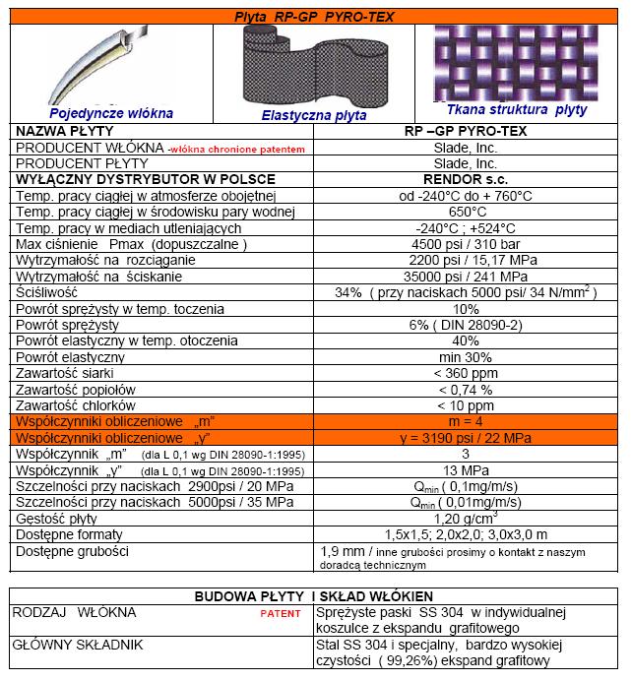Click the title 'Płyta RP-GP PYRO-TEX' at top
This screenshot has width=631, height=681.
(x=314, y=13)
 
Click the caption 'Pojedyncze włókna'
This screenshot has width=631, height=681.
(x=97, y=112)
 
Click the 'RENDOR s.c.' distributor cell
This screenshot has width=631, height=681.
(x=467, y=179)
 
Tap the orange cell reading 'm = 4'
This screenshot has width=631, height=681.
(x=467, y=420)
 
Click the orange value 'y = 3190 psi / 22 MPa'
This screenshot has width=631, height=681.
(x=467, y=437)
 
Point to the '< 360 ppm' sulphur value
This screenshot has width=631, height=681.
(x=467, y=372)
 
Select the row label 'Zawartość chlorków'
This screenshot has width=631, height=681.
(x=77, y=404)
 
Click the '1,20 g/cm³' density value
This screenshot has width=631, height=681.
(x=467, y=518)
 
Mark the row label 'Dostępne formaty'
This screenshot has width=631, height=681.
(x=71, y=533)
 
